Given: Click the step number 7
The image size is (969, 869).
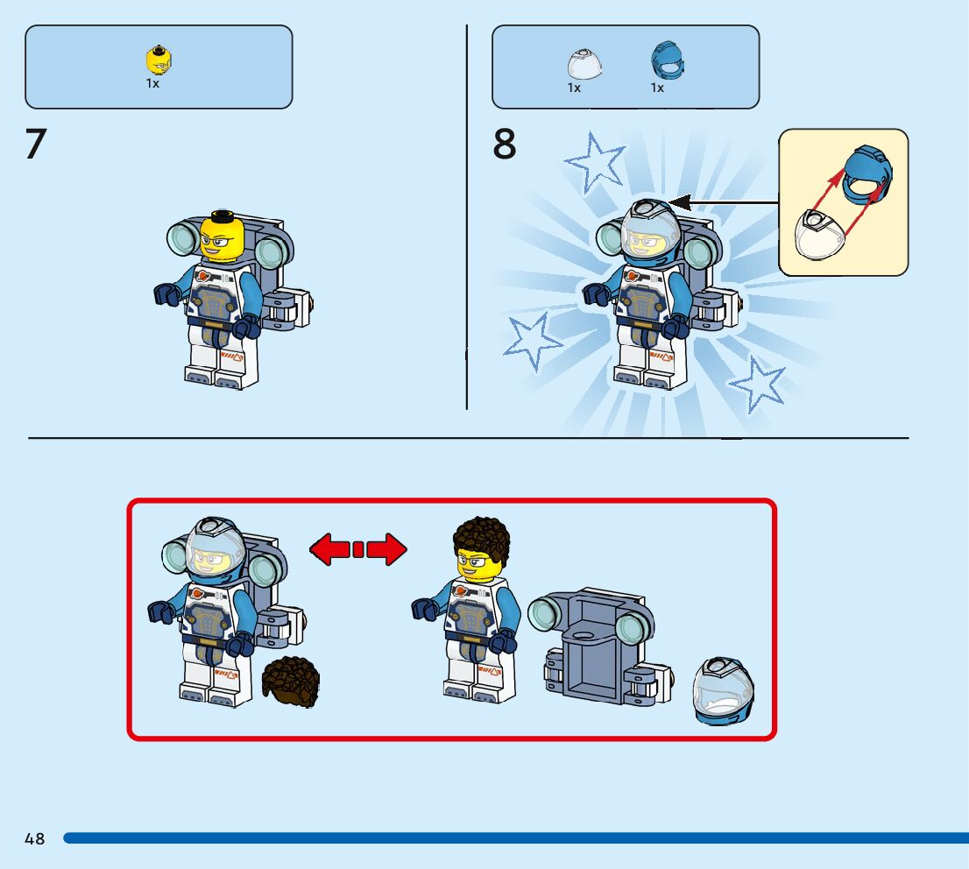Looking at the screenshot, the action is click(36, 144).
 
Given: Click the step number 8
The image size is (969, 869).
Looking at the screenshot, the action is click(505, 144).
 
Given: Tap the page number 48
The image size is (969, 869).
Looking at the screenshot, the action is click(35, 838).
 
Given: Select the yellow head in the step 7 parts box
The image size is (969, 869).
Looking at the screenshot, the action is click(159, 60).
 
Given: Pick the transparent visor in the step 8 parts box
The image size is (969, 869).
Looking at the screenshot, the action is click(584, 64).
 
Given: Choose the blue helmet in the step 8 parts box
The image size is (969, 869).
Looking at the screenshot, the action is click(668, 60).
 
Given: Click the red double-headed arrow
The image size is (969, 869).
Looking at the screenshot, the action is click(358, 549).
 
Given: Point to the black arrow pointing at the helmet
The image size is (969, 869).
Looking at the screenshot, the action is click(724, 202).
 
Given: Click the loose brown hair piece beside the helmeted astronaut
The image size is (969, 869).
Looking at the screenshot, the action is click(291, 682).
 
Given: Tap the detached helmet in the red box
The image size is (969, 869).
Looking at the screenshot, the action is click(724, 691).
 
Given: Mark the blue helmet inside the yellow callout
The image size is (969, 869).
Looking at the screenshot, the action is click(868, 174).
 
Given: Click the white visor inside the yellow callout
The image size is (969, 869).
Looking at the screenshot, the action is click(819, 235).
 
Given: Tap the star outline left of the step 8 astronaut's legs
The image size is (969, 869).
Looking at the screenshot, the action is click(532, 341).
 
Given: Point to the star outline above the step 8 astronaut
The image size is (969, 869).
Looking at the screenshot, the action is click(595, 161).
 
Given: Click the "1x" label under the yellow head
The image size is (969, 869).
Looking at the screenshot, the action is click(152, 83).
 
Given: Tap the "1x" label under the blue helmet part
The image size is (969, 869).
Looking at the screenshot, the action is click(657, 88).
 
